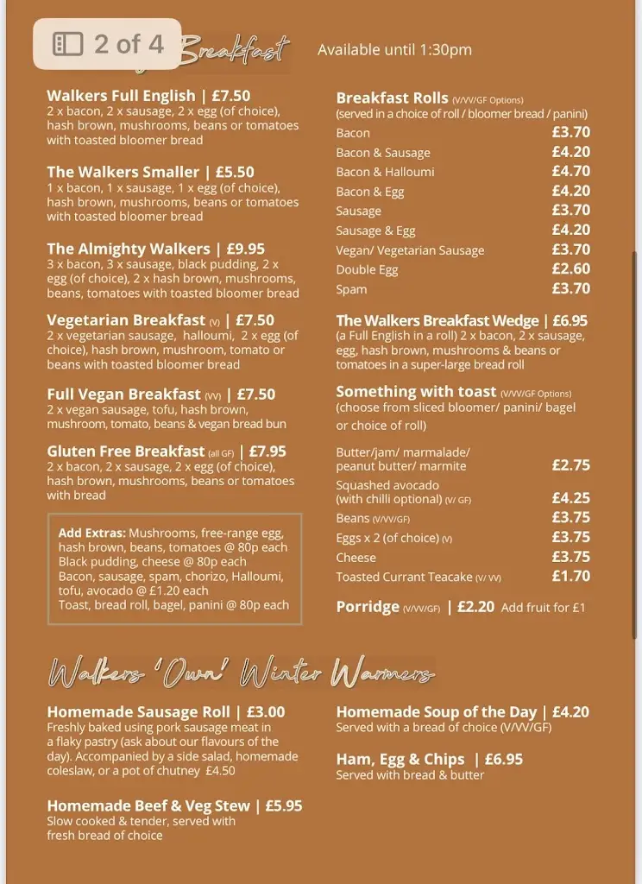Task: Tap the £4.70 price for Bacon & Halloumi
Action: coord(570,171)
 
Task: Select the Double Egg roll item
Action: coord(367,270)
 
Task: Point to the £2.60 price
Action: coord(570,269)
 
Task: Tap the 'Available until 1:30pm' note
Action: coord(394,49)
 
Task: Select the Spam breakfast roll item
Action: coord(351,290)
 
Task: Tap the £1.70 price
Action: coord(570,576)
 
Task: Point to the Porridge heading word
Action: coord(368,607)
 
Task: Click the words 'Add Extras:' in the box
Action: coord(91,533)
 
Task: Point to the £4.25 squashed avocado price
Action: coord(570,498)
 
